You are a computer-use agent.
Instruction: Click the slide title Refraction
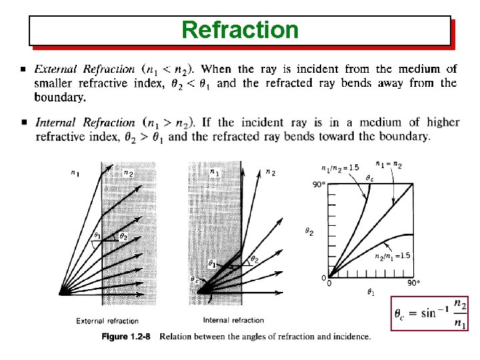[x=240, y=30]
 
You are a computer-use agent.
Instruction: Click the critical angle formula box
[x=429, y=313]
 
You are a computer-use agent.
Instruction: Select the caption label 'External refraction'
[x=107, y=321]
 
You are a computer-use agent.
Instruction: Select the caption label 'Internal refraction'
[x=233, y=320]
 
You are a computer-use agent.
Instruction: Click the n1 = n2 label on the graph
[x=389, y=164]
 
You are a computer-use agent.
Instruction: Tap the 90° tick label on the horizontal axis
[x=413, y=283]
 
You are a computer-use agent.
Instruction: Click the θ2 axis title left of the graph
[x=309, y=231]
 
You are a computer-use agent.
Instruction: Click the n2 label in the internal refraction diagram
[x=270, y=172]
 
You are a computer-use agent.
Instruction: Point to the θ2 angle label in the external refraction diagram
[x=122, y=236]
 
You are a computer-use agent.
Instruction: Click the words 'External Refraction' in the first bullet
[x=85, y=69]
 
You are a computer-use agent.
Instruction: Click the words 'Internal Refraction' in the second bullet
[x=85, y=122]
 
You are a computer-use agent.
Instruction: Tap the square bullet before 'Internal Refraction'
[x=24, y=122]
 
